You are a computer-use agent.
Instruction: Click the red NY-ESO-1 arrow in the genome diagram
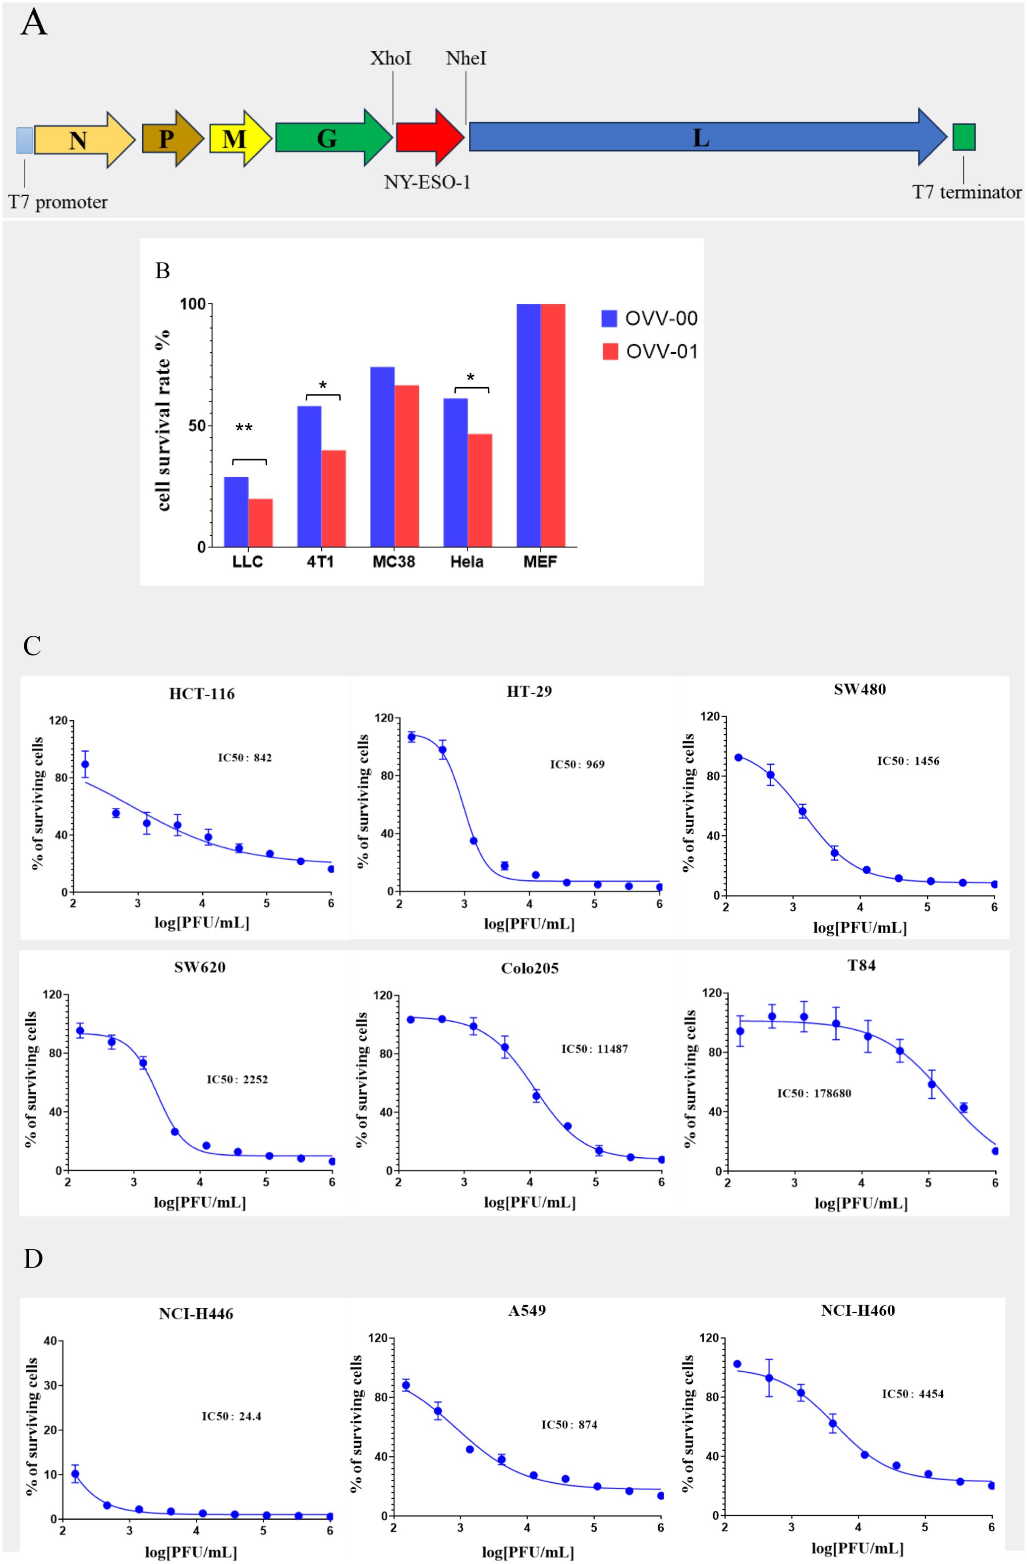point(430,137)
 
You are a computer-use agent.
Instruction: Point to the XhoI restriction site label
point(391,58)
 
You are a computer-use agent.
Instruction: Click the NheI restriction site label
point(466,58)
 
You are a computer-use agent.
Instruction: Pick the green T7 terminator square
point(964,137)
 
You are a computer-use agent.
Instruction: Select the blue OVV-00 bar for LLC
point(236,512)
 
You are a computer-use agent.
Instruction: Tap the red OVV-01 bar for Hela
point(480,490)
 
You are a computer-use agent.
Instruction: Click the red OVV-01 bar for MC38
point(407,466)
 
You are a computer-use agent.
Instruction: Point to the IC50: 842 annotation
point(244,758)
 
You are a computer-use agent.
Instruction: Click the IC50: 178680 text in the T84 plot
point(814,1094)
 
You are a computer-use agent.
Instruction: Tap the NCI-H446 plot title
point(196,1314)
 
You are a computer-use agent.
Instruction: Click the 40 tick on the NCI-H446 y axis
point(49,1341)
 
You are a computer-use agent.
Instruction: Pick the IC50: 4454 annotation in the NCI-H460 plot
point(913,1394)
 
